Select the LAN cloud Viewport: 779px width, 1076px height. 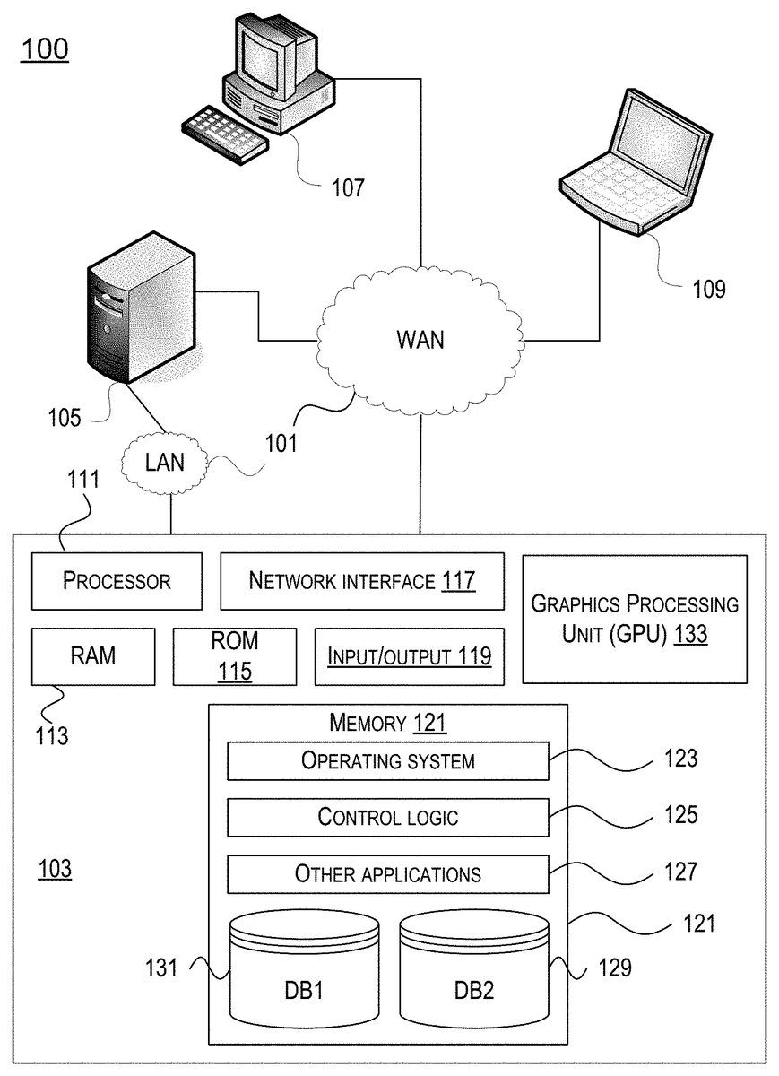[165, 463]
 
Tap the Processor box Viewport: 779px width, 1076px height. [117, 580]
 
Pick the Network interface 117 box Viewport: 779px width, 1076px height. [361, 580]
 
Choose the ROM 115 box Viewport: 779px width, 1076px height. [234, 655]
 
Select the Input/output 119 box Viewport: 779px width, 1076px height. [409, 655]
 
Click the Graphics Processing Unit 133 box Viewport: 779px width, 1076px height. [635, 619]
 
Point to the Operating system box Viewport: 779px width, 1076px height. [387, 761]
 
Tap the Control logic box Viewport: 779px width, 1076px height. [387, 817]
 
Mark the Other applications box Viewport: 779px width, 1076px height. [387, 873]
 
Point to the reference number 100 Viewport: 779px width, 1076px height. [44, 49]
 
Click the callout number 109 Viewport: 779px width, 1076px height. [708, 289]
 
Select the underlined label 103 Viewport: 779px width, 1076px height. [55, 869]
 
